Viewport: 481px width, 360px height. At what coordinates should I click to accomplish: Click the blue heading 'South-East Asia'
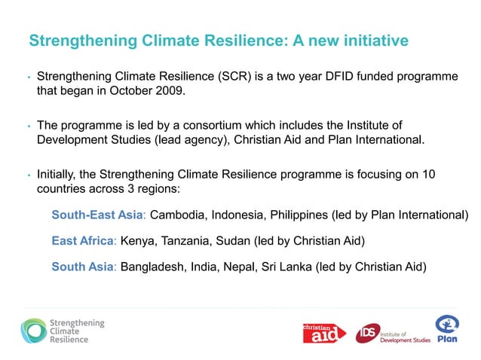click(x=97, y=215)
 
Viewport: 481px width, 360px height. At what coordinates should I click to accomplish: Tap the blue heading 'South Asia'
click(x=81, y=266)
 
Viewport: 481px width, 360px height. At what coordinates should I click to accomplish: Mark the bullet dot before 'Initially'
click(x=27, y=175)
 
